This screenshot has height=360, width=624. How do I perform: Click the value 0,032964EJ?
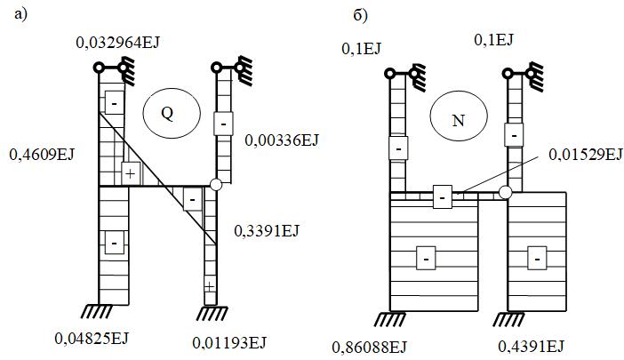(x=117, y=42)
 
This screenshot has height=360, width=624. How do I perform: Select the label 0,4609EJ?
(x=42, y=155)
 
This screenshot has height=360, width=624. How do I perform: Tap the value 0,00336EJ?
(x=282, y=140)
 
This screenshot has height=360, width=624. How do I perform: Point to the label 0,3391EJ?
(x=267, y=230)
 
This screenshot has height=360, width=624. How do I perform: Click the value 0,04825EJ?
(x=92, y=339)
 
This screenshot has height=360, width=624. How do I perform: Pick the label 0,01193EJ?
(x=229, y=342)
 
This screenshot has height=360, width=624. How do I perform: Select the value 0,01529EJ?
(x=586, y=155)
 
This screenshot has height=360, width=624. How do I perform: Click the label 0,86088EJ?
(x=369, y=347)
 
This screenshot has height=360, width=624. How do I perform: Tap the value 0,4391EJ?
(x=531, y=347)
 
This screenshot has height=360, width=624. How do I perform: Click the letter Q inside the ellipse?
(x=167, y=114)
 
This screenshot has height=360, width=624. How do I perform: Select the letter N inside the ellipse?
(x=459, y=121)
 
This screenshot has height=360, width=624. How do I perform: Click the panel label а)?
(x=20, y=15)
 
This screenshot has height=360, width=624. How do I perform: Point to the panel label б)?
(x=361, y=16)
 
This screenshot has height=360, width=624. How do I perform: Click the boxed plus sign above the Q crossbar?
(x=131, y=173)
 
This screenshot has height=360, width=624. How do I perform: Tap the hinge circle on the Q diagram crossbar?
(x=216, y=185)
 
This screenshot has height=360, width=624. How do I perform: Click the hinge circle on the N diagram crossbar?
(x=506, y=193)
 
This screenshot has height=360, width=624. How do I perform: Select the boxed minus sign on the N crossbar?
(x=443, y=196)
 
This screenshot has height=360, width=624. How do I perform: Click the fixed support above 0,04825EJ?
(x=97, y=311)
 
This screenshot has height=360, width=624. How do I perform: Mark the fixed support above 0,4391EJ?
(x=509, y=319)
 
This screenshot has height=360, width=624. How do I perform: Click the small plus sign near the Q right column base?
(x=209, y=286)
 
